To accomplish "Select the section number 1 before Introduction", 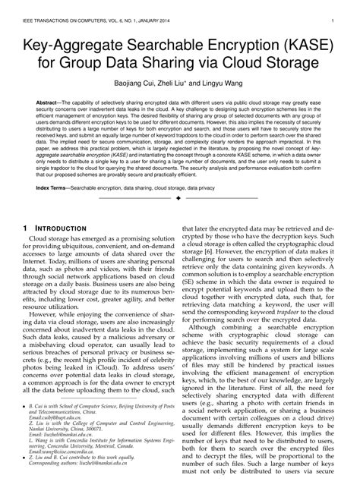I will click(x=26, y=228).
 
